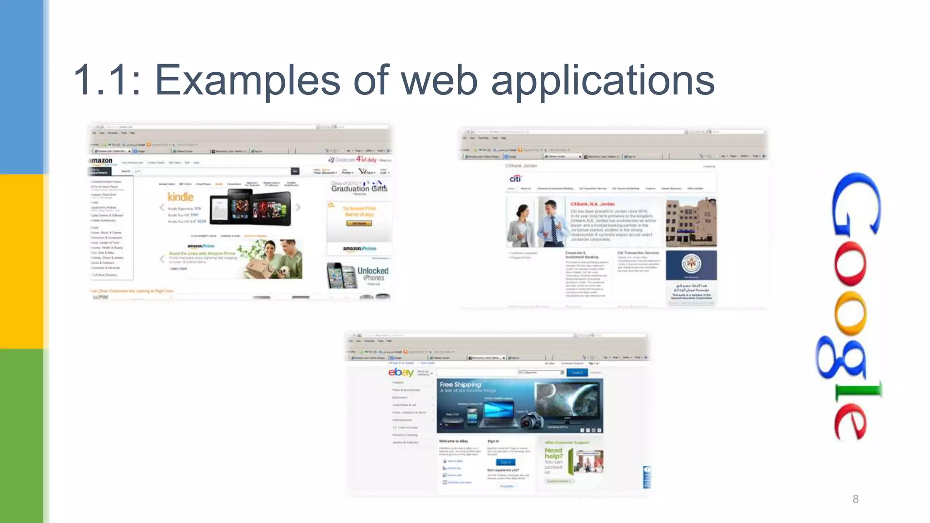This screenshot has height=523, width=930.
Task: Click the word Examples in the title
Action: (x=247, y=80)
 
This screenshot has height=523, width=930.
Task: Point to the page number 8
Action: (x=856, y=499)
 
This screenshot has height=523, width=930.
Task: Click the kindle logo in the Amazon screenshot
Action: (x=180, y=197)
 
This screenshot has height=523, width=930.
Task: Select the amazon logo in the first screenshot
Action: (x=101, y=161)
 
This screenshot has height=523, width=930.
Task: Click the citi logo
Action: (x=515, y=179)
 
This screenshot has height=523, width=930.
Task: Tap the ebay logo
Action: (x=401, y=373)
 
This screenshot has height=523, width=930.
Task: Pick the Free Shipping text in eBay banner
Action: (x=460, y=385)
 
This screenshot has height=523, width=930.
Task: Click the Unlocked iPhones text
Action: (x=373, y=274)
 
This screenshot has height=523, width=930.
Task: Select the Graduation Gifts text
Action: (x=359, y=188)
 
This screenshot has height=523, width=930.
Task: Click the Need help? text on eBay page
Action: (x=554, y=453)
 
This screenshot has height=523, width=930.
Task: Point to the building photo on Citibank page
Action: (x=691, y=222)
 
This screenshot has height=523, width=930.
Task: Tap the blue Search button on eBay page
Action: (x=577, y=373)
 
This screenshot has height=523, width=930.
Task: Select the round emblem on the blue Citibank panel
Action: (x=691, y=263)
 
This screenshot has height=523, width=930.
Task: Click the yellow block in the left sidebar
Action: (x=21, y=261)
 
